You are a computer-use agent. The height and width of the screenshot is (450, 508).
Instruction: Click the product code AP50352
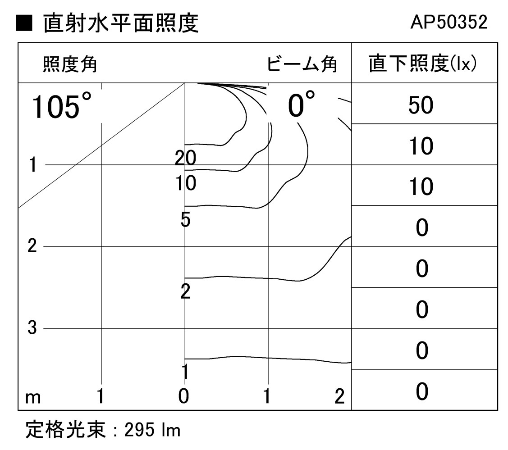click(x=449, y=23)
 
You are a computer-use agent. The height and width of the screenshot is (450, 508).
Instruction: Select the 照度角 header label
click(x=70, y=65)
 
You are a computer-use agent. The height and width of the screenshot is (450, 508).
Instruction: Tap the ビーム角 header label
click(x=302, y=65)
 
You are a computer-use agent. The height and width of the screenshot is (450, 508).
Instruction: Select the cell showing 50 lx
click(x=421, y=105)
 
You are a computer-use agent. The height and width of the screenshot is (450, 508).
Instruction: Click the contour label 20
click(x=186, y=158)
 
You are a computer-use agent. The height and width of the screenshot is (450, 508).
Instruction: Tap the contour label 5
click(x=185, y=221)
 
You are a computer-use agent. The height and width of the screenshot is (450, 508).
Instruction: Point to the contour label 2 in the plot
click(x=185, y=292)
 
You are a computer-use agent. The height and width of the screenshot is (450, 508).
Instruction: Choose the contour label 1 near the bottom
click(x=185, y=372)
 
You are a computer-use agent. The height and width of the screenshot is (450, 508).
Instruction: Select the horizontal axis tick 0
click(x=183, y=396)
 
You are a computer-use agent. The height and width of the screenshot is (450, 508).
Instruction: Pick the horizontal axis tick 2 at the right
click(x=339, y=396)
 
